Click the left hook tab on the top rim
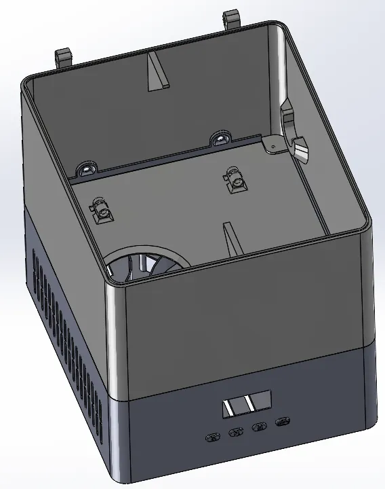point(63,56)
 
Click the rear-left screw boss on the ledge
point(86,168)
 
